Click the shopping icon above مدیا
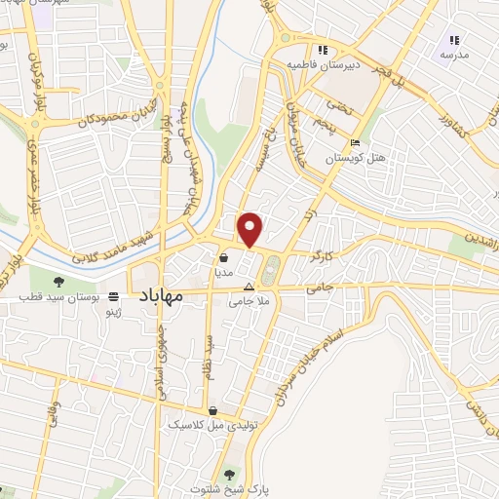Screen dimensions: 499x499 click(225, 258)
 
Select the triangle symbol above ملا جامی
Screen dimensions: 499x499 click(249, 288)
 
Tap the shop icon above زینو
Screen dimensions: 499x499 click(114, 295)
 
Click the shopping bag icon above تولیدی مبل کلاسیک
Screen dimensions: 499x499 click(212, 409)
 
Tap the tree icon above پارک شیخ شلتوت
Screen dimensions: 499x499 click(229, 475)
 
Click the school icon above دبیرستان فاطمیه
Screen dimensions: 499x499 click(318, 51)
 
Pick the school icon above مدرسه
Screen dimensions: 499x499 click(452, 40)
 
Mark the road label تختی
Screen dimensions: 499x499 click(337, 105)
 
